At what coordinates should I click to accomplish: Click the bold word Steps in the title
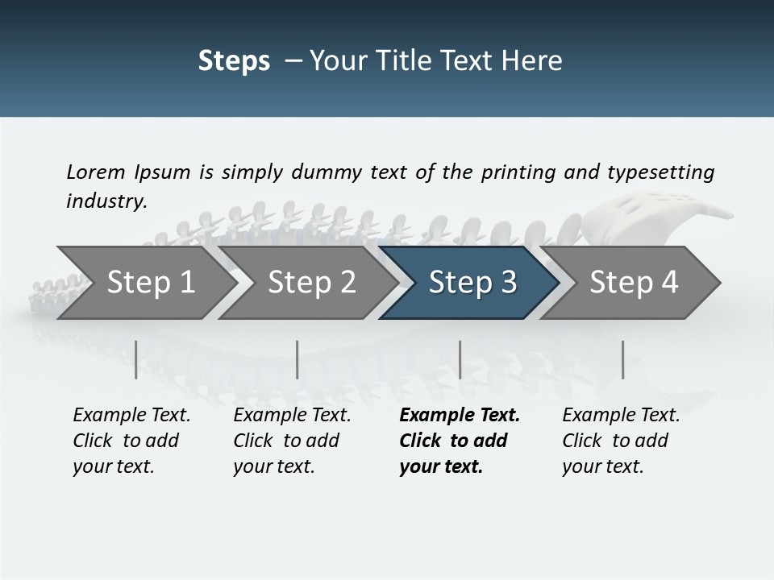(234, 60)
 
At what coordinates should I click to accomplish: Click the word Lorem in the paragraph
(95, 172)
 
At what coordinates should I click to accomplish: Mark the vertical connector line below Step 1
(136, 359)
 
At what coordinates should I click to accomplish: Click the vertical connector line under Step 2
(298, 359)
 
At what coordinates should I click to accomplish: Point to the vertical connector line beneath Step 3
(460, 359)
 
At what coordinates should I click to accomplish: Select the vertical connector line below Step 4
(622, 359)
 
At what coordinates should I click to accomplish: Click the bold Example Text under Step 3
(460, 416)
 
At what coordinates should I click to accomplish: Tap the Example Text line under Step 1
(131, 416)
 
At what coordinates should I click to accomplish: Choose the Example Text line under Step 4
(621, 416)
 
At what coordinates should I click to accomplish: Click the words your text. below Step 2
(273, 466)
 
